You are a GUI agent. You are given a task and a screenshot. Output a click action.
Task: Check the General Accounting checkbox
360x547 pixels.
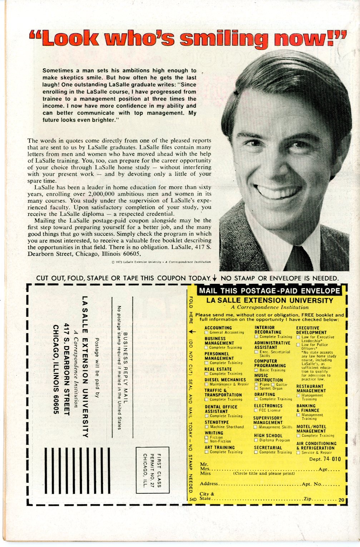(206, 332)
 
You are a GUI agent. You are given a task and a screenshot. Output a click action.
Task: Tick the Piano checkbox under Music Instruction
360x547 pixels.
(256, 384)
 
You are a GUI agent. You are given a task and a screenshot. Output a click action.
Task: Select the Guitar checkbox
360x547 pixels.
(273, 384)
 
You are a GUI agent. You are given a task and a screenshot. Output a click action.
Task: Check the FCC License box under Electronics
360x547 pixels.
(256, 410)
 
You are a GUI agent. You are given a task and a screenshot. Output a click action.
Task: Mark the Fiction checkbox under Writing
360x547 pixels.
(206, 437)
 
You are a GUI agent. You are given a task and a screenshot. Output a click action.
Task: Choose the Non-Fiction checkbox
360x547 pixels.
(206, 442)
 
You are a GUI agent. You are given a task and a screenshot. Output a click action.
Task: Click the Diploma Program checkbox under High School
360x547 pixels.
(256, 440)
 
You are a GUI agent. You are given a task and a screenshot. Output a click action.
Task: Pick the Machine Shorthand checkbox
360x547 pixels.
(206, 427)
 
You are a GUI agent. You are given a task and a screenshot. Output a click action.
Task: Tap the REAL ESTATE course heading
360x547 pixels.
(218, 369)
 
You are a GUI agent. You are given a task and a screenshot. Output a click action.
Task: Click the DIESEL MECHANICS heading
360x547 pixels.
(225, 380)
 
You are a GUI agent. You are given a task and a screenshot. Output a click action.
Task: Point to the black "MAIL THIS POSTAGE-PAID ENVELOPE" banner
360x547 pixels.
(269, 291)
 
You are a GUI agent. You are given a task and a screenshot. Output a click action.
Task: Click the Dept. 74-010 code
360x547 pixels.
(325, 459)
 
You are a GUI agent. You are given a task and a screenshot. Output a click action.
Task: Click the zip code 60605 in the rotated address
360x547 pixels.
(55, 404)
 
